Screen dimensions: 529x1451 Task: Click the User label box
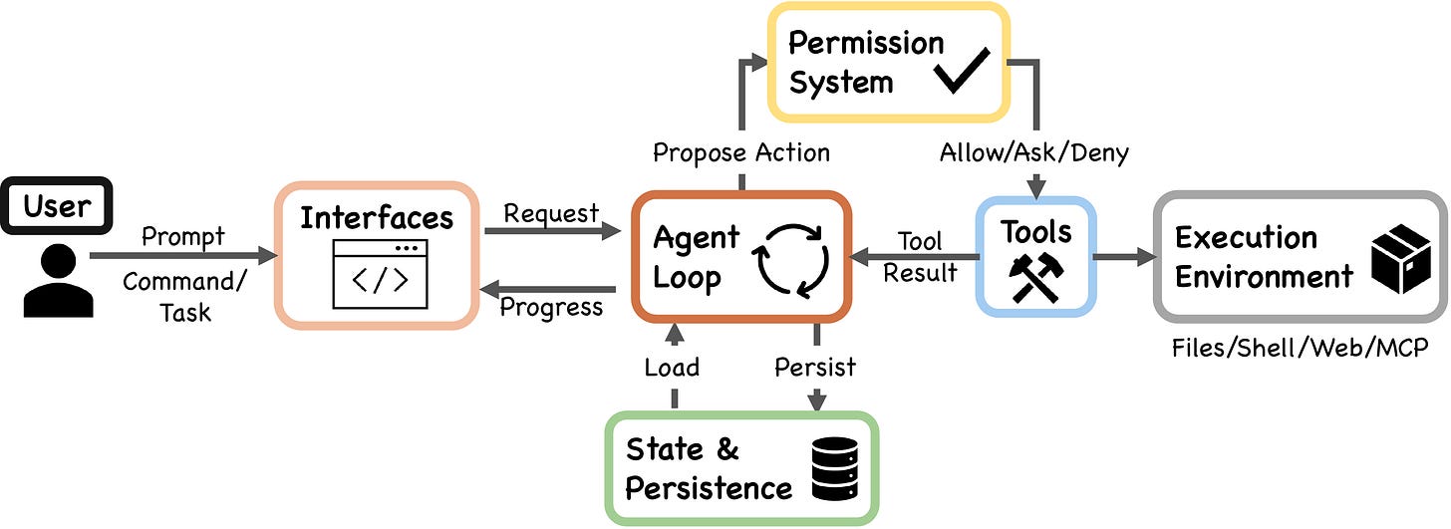coord(57,207)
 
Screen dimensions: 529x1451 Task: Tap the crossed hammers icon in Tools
coord(1036,278)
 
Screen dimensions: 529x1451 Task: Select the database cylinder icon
coord(833,468)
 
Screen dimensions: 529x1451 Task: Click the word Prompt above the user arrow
coord(183,236)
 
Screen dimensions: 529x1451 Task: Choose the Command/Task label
coord(184,296)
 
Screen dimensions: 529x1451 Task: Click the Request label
coord(551,212)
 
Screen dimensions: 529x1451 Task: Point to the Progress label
coord(551,307)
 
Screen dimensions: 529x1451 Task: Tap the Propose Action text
coord(740,152)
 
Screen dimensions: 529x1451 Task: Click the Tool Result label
coord(920,257)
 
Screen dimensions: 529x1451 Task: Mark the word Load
coord(672,367)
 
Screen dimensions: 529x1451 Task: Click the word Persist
coord(815,367)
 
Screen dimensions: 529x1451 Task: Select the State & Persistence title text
coord(709,468)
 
